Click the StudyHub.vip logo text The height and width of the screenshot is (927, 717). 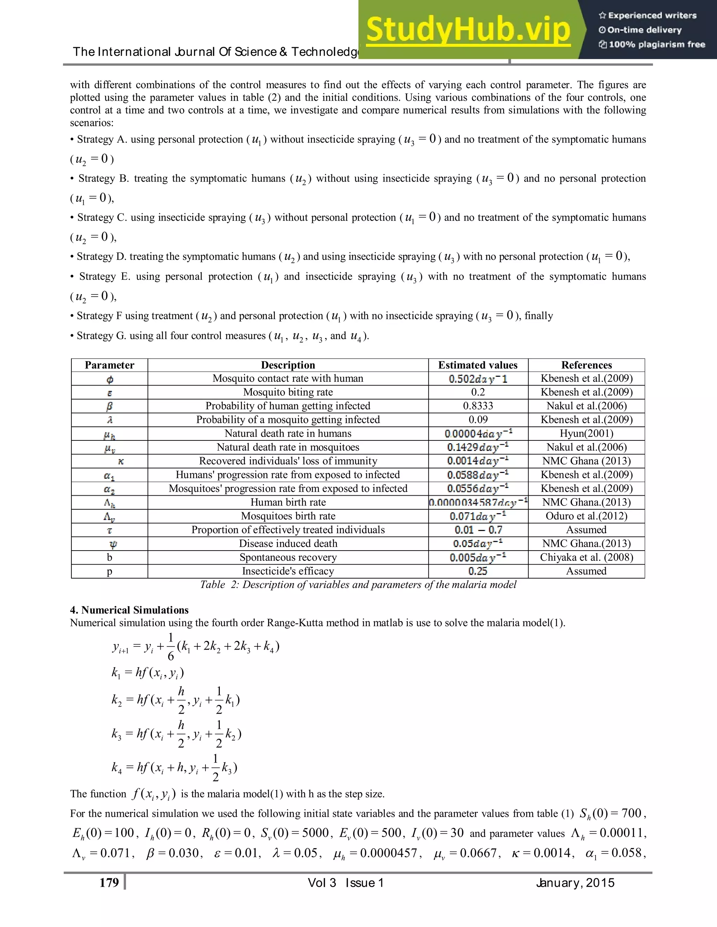pos(468,30)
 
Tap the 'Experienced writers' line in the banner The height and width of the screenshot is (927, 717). pos(648,16)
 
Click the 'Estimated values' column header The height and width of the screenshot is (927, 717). pos(478,365)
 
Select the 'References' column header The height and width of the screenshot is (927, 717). pos(586,365)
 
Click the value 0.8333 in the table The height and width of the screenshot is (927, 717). pos(478,406)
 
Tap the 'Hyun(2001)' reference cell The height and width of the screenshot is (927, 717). pos(586,433)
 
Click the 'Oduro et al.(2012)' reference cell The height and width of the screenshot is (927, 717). pos(586,516)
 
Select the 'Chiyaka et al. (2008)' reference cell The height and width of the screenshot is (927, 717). pos(586,557)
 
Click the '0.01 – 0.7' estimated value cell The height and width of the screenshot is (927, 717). pos(478,530)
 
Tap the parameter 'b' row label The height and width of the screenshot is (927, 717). pos(109,557)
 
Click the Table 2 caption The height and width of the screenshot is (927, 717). pos(358,585)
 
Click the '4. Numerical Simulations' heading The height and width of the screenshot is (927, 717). pos(129,610)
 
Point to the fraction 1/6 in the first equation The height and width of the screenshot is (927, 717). pos(171,647)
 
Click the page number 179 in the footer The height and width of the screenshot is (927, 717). pos(109,883)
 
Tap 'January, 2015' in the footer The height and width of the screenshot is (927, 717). pos(575,883)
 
